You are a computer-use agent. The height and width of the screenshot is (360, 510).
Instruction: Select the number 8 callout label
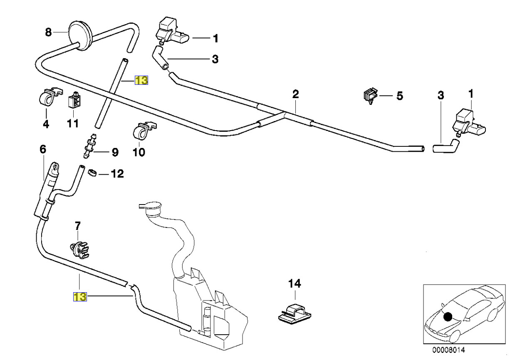(48, 32)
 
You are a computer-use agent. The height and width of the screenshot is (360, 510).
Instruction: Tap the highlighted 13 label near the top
(141, 81)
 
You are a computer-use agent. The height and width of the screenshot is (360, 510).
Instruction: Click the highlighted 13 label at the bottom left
(80, 296)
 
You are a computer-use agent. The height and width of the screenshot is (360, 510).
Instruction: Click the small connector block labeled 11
(75, 100)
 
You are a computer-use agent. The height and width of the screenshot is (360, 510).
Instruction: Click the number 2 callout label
(295, 94)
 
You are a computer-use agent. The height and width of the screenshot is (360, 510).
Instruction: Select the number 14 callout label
(295, 284)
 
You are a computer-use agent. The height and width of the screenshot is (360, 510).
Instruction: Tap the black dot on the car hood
(448, 317)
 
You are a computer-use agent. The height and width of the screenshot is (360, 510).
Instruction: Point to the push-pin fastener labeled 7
(79, 249)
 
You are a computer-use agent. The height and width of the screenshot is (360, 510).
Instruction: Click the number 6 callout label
(43, 149)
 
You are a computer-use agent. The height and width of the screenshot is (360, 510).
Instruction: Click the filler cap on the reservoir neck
(151, 206)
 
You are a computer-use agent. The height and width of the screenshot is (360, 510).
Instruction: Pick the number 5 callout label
(399, 96)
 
